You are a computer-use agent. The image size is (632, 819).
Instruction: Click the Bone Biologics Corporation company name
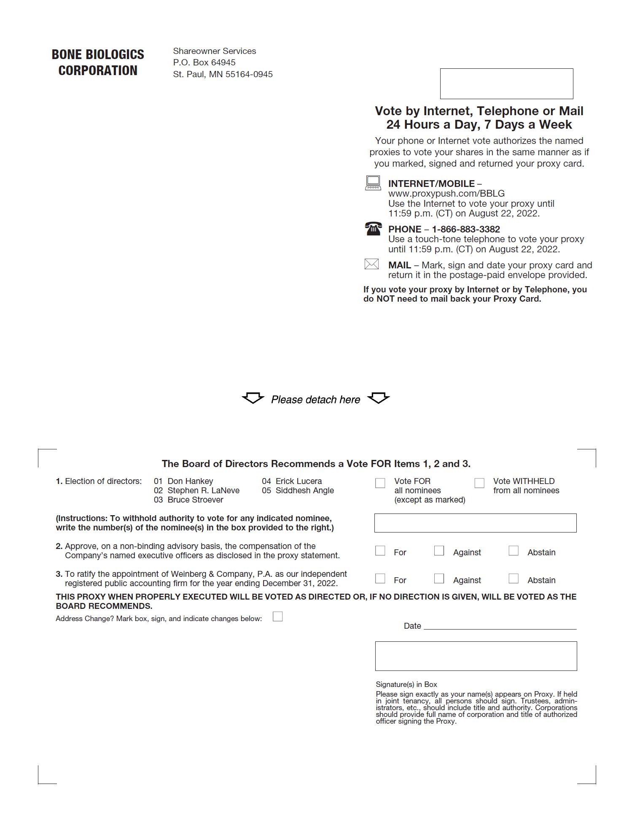tap(98, 62)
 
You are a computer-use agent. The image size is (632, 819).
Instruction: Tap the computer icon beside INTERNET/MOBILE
tap(373, 183)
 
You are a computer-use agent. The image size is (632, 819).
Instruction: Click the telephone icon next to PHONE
tap(373, 228)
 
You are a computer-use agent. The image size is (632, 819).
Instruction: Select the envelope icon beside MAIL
tap(371, 264)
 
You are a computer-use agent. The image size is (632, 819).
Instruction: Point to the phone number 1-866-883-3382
tap(465, 229)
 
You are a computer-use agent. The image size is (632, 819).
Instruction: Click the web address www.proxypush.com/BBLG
tap(446, 194)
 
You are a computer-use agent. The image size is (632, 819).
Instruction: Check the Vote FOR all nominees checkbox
tap(380, 483)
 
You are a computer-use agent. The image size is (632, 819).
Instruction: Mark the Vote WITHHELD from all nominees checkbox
tap(479, 483)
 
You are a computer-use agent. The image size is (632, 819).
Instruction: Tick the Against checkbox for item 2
tap(439, 551)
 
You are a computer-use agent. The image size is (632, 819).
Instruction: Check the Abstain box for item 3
tap(514, 578)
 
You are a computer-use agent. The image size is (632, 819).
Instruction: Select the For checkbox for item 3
tap(380, 578)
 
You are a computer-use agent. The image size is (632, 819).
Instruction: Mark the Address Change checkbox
tap(277, 617)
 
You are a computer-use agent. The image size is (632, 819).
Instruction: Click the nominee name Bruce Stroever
tap(195, 500)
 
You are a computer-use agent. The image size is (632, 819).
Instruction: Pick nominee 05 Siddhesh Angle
tap(304, 491)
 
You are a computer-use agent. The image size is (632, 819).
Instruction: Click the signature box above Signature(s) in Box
tap(476, 656)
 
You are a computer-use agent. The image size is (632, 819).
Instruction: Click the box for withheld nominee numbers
tap(475, 523)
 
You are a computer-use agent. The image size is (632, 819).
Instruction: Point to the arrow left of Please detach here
tap(253, 398)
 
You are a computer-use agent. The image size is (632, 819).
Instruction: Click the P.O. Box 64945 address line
tap(204, 62)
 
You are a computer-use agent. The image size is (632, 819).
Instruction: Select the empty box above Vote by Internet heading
tap(506, 84)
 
